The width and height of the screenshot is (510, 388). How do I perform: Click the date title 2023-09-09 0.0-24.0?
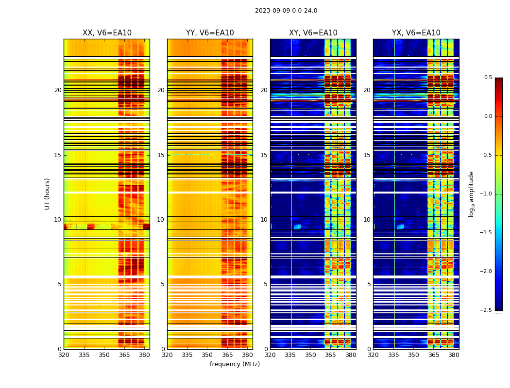point(286,11)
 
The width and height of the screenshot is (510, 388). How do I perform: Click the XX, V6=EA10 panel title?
point(107,33)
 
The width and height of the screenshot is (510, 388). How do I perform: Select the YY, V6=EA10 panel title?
point(210,33)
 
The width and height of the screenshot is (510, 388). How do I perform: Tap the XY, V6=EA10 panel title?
point(313,33)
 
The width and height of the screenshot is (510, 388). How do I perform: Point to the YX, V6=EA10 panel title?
point(416,33)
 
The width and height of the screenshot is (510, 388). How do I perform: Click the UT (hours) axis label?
point(48,194)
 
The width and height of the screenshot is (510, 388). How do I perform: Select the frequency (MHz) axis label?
point(235,364)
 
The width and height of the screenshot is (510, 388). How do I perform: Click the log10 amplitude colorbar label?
point(471,194)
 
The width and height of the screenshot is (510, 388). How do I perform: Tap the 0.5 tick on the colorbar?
point(488,78)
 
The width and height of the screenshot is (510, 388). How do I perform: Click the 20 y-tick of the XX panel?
point(58,90)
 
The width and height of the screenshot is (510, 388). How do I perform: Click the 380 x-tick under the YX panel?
point(454,355)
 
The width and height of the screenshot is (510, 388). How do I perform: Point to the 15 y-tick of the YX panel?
point(367,155)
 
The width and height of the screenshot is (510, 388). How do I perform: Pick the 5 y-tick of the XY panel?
point(266,284)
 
